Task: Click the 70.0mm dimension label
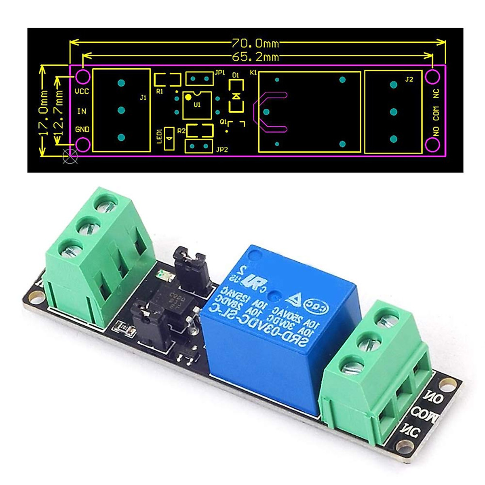[255, 42]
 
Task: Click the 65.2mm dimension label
[255, 57]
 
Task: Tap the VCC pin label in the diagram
[82, 91]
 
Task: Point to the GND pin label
[82, 130]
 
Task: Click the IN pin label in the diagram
[82, 111]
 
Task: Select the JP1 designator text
[220, 73]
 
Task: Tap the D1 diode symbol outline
[236, 96]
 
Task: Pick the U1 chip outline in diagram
[197, 105]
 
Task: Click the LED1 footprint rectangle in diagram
[169, 139]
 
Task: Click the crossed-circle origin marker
[70, 157]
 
